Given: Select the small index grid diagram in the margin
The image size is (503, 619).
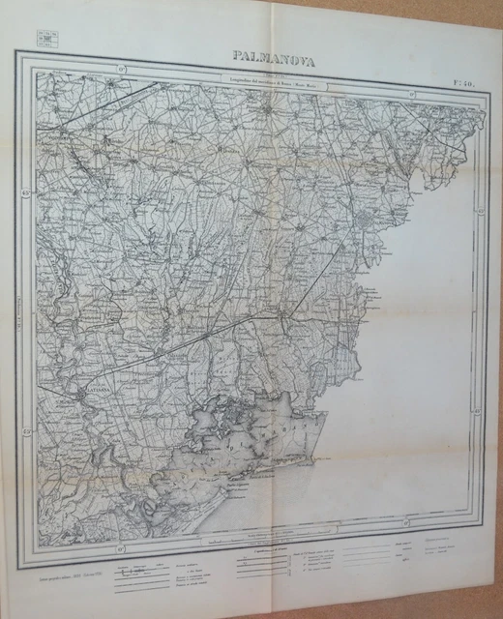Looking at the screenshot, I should pos(44,42).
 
